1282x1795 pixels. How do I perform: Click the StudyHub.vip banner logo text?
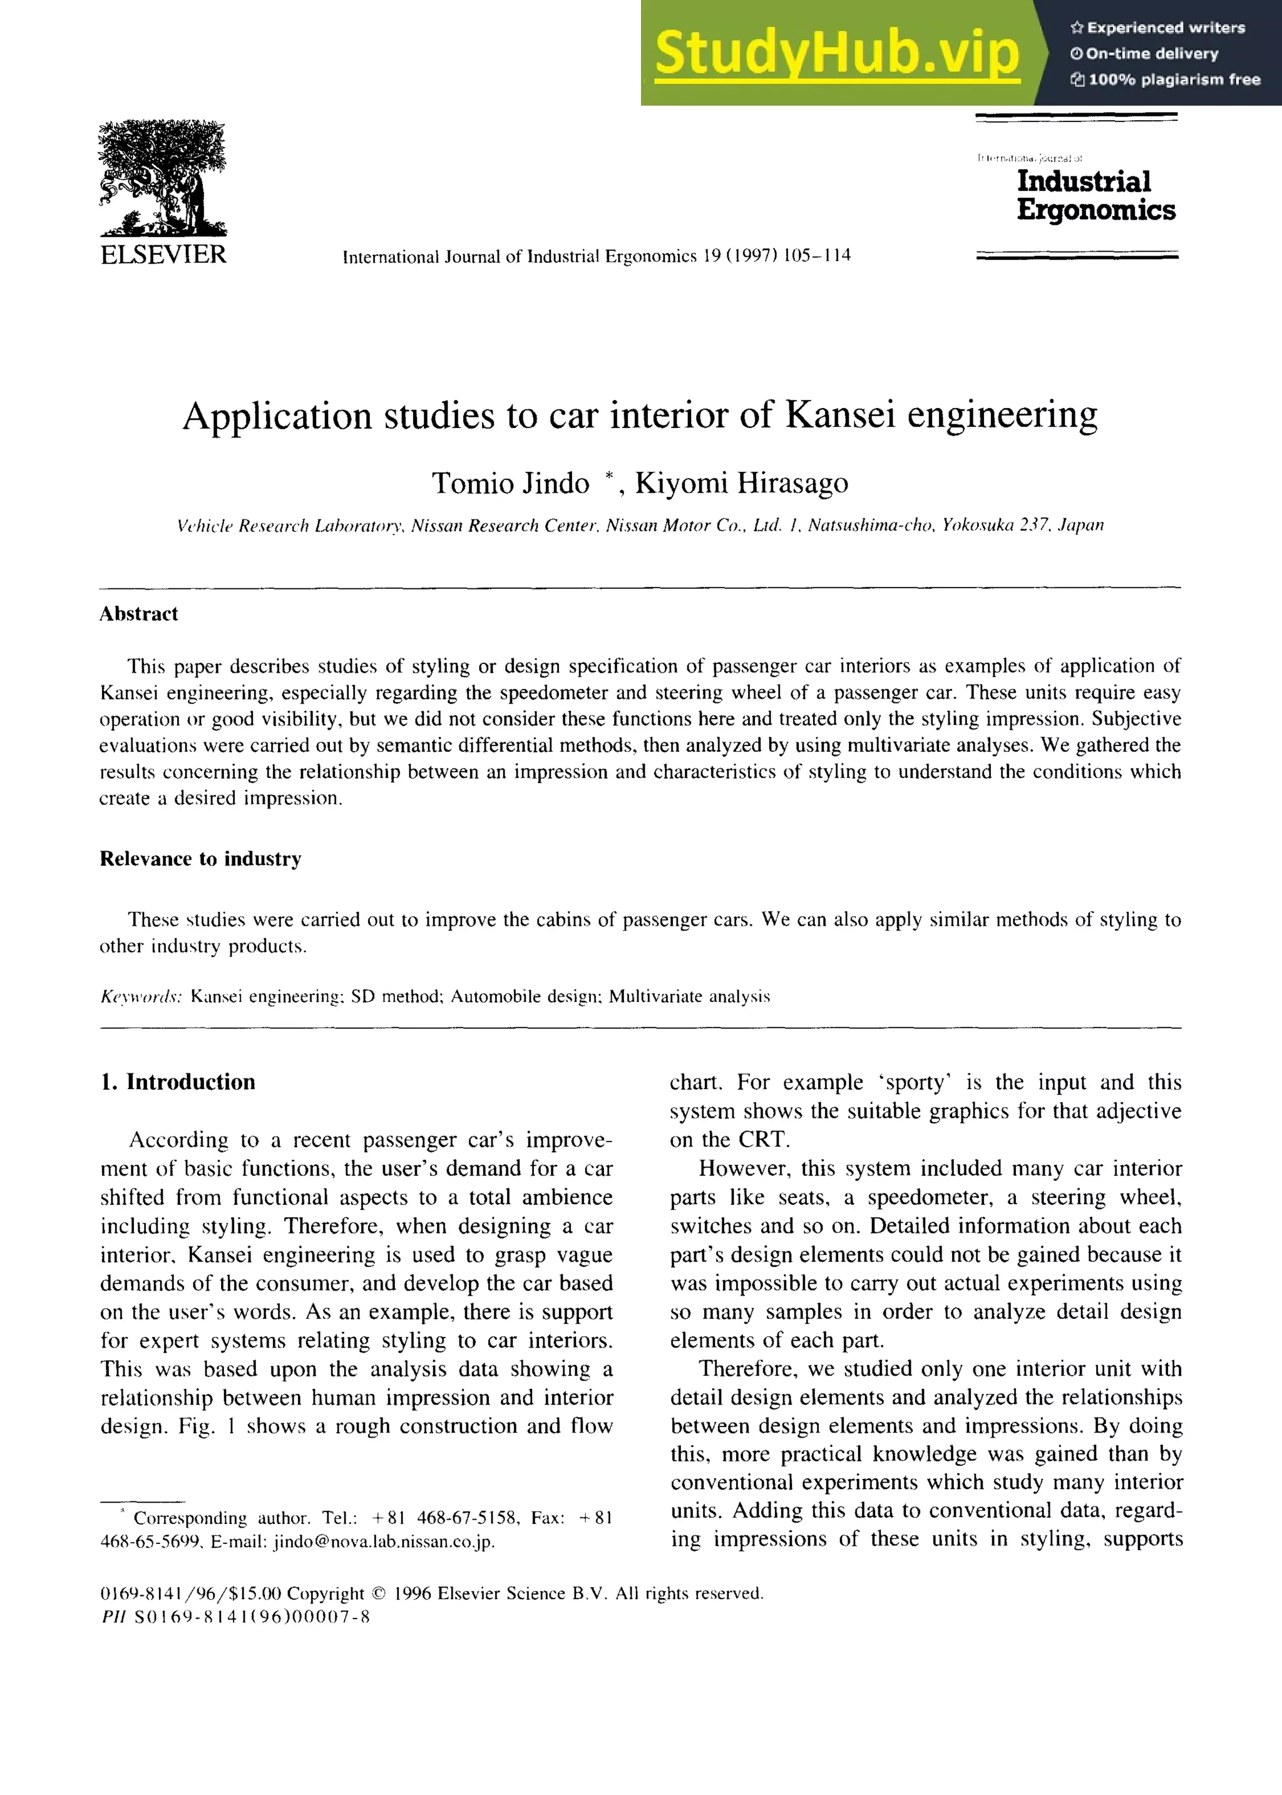[x=837, y=53]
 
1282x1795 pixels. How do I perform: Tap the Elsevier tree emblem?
[x=163, y=178]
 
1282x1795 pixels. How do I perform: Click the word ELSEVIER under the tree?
[x=163, y=255]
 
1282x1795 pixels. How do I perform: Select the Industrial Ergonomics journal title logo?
[x=1095, y=195]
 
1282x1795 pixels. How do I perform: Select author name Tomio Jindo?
[x=510, y=483]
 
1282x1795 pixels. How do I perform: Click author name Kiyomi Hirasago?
[x=741, y=483]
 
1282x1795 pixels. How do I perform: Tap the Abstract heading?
[x=138, y=614]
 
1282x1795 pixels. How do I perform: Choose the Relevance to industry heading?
[x=200, y=859]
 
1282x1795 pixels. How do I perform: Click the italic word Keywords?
[x=140, y=996]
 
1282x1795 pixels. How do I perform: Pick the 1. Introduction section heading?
[x=178, y=1082]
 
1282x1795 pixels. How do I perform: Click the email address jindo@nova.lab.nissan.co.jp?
[x=384, y=1542]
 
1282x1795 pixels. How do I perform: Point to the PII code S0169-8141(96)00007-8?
[x=252, y=1617]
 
